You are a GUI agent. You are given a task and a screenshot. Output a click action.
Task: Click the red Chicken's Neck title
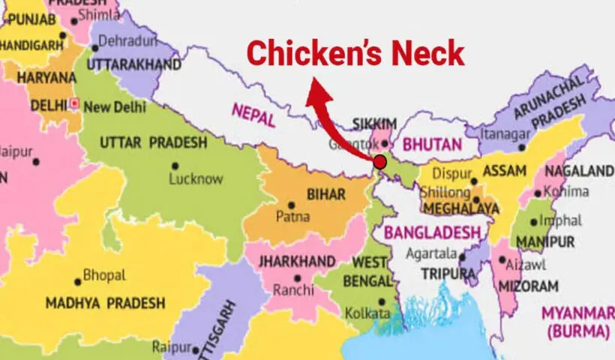pos(355,54)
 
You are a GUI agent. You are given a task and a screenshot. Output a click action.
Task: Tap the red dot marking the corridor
pos(380,161)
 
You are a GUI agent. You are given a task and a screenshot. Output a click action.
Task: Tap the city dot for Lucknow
pos(175,166)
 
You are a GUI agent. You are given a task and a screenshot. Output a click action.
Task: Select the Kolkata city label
pos(367,313)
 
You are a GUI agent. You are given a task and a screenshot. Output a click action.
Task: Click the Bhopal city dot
pos(78,282)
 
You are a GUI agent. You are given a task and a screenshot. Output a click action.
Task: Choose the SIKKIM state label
pos(370,122)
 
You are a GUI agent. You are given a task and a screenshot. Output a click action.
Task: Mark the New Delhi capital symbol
pos(75,103)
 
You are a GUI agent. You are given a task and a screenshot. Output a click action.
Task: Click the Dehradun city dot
pos(95,48)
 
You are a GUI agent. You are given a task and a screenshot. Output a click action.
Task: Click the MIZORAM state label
pos(530,286)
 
